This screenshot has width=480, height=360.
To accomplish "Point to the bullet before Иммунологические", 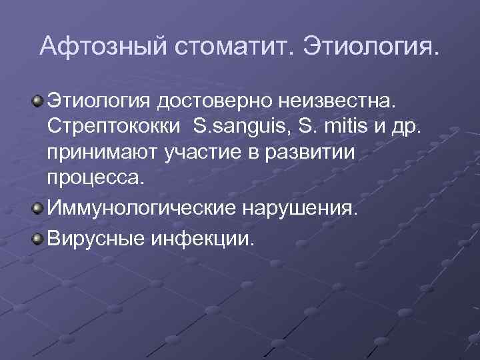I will (x=37, y=209).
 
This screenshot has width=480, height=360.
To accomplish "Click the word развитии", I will (x=318, y=153).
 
